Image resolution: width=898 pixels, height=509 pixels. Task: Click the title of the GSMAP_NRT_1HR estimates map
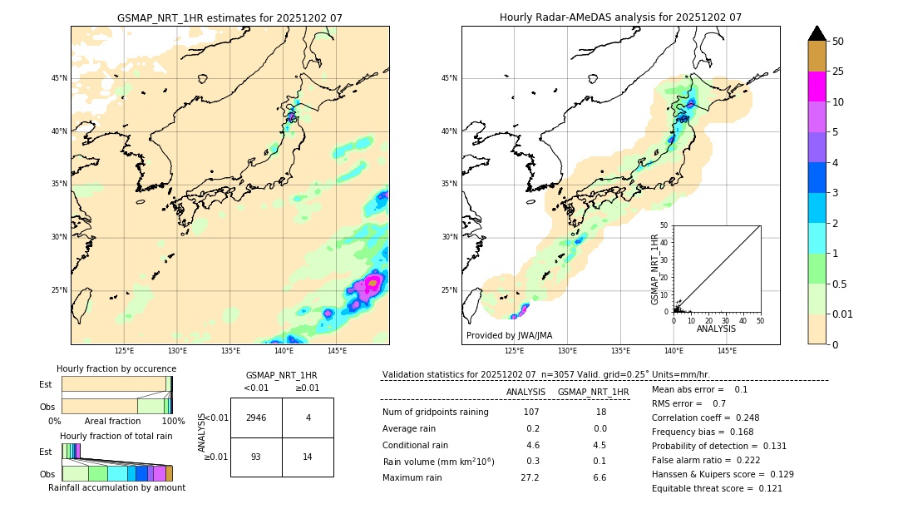229,17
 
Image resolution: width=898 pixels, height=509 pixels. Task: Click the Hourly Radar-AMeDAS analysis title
620,17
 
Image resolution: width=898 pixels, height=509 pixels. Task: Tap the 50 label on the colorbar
838,42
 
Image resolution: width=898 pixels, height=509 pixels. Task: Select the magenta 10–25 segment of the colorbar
817,86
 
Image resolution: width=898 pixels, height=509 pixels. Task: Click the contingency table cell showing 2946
256,418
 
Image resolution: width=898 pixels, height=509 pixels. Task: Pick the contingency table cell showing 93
256,457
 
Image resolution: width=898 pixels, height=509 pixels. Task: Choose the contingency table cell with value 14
308,457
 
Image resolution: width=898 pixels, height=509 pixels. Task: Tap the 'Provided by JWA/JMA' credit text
509,335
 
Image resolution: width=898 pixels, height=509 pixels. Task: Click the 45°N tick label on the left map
59,78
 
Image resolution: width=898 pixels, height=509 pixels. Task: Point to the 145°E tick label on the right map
727,352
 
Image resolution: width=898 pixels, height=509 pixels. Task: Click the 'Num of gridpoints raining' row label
436,413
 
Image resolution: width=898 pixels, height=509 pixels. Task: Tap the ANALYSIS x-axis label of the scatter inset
716,329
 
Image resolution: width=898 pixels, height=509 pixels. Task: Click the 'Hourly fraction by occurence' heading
116,368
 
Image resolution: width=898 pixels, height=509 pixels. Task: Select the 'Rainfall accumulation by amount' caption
116,487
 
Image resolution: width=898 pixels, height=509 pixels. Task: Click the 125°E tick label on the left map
124,352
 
